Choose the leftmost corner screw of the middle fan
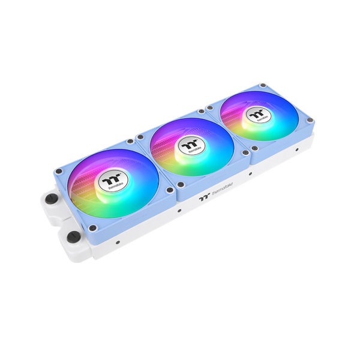coord(140,137)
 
